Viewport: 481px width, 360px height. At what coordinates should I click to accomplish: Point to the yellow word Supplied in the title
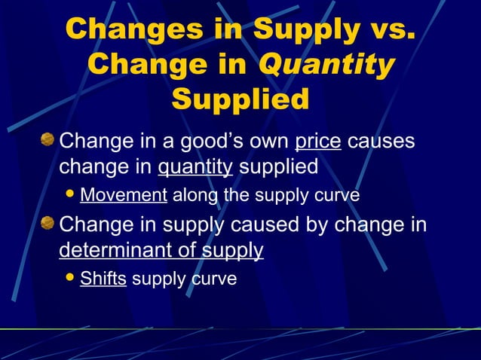coord(240,99)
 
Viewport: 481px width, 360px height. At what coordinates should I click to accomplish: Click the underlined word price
coord(318,141)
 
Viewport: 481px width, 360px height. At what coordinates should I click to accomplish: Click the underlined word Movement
coord(123,196)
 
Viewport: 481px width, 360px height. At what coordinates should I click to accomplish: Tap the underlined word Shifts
coord(103,279)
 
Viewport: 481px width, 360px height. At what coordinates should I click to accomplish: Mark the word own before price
coord(270,141)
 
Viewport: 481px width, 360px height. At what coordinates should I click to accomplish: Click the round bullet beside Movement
coord(71,195)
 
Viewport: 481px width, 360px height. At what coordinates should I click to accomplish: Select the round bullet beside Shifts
coord(71,278)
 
